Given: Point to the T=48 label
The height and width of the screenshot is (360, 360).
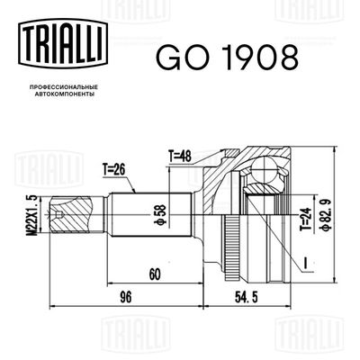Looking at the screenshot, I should [183, 156].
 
